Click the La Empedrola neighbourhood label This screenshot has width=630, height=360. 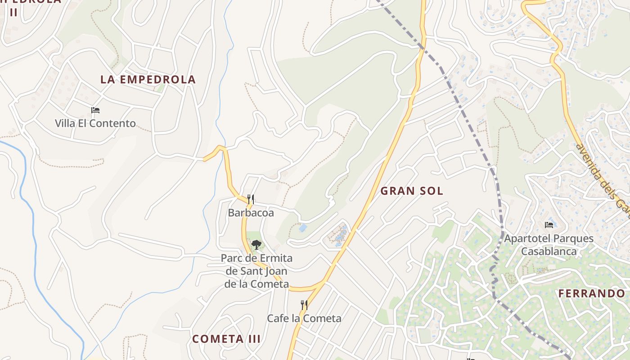pos(148,80)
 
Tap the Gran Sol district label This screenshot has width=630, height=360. pos(412,191)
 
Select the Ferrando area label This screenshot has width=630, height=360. pos(592,294)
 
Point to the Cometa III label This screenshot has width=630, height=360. pos(226,339)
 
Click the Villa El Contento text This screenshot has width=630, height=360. pos(95,123)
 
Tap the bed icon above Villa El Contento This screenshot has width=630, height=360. pos(95,110)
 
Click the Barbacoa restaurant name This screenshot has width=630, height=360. pos(251,213)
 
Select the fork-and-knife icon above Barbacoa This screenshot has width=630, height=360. pos(251,199)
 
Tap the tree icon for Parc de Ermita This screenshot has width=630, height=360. pos(256,245)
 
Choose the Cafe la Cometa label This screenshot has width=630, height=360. pos(304,319)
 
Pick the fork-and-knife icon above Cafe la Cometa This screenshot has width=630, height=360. pos(304,305)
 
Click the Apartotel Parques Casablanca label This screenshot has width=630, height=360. pos(549,245)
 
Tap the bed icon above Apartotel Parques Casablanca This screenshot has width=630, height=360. pos(549,225)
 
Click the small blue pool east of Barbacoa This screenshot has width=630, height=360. pos(303,228)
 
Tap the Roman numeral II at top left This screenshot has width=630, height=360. pos(13,12)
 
